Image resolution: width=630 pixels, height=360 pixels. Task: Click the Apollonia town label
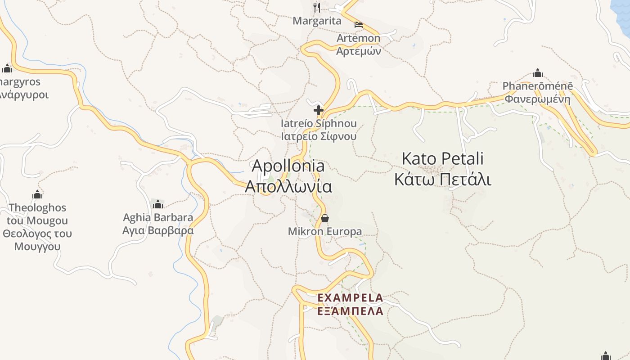click(x=288, y=166)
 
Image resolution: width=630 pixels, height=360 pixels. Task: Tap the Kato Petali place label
click(x=442, y=159)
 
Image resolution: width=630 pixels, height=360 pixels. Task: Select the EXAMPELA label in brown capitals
click(x=350, y=298)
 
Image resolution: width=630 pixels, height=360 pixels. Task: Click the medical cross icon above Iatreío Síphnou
click(x=319, y=110)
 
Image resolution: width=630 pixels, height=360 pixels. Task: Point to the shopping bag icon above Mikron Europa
click(x=324, y=219)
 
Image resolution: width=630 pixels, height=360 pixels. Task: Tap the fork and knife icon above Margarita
click(x=317, y=7)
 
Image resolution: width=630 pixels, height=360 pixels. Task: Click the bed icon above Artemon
click(x=359, y=25)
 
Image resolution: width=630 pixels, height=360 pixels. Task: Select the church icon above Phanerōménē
click(x=537, y=73)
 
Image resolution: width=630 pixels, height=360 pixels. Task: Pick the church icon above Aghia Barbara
click(x=157, y=204)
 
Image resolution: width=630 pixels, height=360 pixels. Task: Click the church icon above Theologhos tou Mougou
click(x=37, y=194)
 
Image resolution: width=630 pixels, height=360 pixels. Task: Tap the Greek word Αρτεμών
click(x=359, y=51)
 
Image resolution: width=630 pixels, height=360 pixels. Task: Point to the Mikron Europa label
click(x=324, y=232)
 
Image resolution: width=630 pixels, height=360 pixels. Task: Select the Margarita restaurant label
click(x=317, y=21)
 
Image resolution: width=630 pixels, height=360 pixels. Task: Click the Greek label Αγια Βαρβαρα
click(x=158, y=231)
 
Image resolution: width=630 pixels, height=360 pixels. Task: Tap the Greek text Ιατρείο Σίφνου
click(x=319, y=136)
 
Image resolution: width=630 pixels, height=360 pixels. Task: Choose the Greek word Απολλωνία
click(x=288, y=186)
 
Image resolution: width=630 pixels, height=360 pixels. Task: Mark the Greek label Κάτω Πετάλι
click(x=442, y=179)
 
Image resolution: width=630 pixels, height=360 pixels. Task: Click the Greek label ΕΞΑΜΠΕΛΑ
click(x=350, y=311)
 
